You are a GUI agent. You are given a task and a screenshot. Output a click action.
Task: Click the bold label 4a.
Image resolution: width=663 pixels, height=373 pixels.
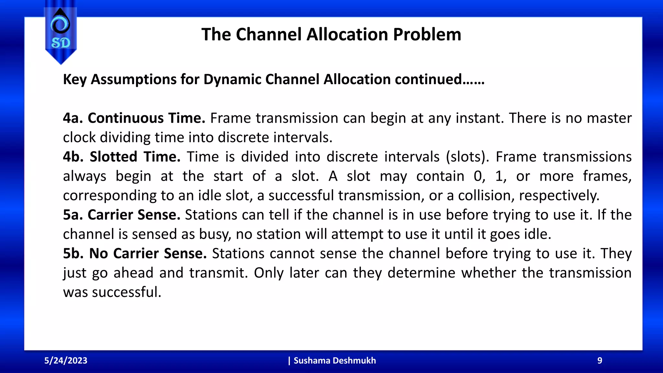(x=73, y=118)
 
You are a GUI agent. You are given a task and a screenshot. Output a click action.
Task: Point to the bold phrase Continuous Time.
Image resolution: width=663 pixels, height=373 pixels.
(x=146, y=118)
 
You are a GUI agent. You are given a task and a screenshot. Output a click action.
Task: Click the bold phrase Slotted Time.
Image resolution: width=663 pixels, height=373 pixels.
(x=135, y=157)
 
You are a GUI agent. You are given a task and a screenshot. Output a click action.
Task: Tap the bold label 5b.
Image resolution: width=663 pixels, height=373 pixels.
(x=73, y=254)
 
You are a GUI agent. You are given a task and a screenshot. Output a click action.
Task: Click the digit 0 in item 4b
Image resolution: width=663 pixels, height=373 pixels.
(x=478, y=176)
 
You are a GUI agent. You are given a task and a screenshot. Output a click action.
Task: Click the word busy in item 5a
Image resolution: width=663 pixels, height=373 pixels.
(x=215, y=234)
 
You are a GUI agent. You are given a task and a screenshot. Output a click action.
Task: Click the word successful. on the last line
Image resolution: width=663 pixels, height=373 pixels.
(x=127, y=292)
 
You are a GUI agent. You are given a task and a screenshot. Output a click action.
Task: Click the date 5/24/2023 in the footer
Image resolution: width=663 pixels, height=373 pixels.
(x=66, y=360)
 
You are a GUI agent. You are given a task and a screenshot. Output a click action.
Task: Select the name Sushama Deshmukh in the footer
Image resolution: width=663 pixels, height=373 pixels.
(x=334, y=360)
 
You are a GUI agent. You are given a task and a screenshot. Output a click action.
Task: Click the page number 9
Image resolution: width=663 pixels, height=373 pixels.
(x=600, y=360)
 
